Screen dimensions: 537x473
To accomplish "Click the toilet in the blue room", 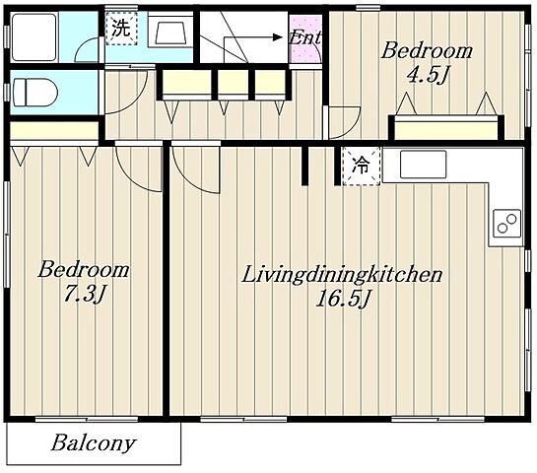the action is [34, 93].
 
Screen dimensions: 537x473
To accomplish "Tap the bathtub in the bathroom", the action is [34, 37].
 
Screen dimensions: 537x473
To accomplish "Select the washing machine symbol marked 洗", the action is [121, 29].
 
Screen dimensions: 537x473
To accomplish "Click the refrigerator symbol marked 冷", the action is [362, 167].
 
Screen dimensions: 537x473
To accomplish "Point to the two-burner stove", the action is [506, 224].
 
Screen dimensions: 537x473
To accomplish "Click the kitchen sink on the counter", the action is [424, 164].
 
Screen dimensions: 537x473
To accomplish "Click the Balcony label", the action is [94, 443].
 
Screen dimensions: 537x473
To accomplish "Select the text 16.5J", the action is [343, 299].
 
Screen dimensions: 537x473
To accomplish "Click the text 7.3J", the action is [84, 295].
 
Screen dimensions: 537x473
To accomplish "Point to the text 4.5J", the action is [427, 75].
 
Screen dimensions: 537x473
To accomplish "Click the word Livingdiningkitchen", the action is [342, 275].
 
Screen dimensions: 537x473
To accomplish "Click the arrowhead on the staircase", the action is [277, 37].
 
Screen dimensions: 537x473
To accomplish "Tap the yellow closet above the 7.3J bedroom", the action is [54, 130].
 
